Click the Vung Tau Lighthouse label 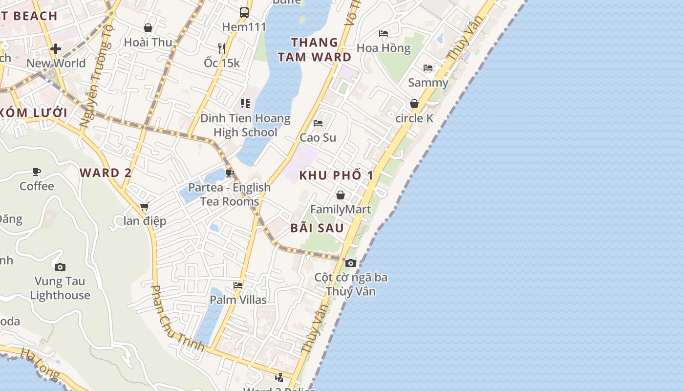coord(60,288)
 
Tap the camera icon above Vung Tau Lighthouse coord(60,267)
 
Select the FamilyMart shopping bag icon coord(341,195)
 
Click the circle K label coord(414,118)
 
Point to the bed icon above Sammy coord(428,68)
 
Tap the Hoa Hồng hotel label coord(384,48)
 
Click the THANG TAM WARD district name coord(315,49)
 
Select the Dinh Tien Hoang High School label coord(245,125)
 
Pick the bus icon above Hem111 coord(244,13)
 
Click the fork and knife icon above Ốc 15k coord(222,48)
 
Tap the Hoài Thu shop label coord(148,42)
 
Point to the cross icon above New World coord(56,49)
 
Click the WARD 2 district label coord(106,173)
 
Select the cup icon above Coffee coord(37,172)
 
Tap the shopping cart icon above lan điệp coord(144,207)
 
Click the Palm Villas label coord(238,300)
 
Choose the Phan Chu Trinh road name coord(177,319)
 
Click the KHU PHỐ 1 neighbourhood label coord(336,175)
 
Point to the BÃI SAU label coord(317,228)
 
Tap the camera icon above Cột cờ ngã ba coord(350,263)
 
